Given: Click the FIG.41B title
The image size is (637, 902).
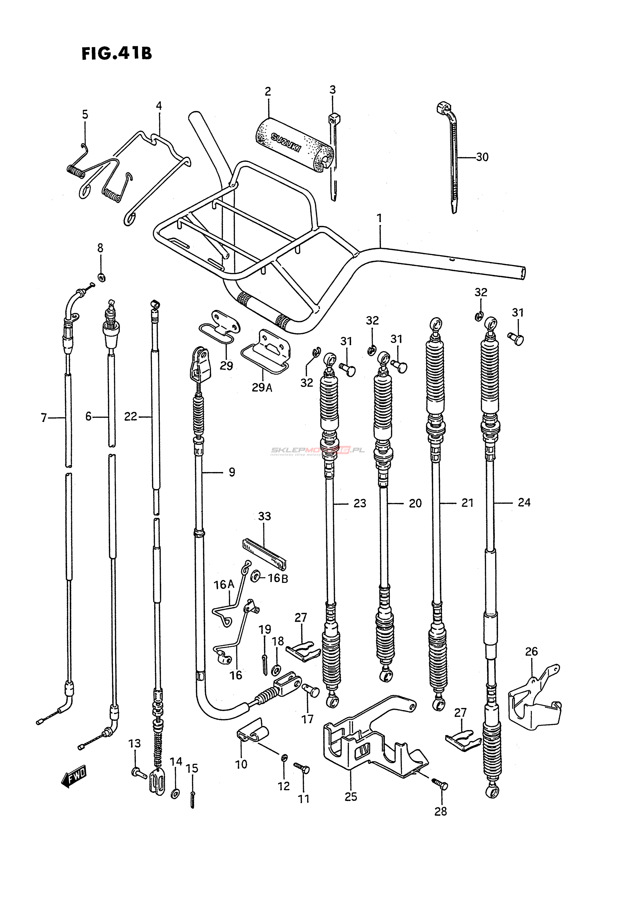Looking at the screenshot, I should tap(116, 53).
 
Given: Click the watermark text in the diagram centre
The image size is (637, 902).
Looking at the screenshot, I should tap(317, 450).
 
